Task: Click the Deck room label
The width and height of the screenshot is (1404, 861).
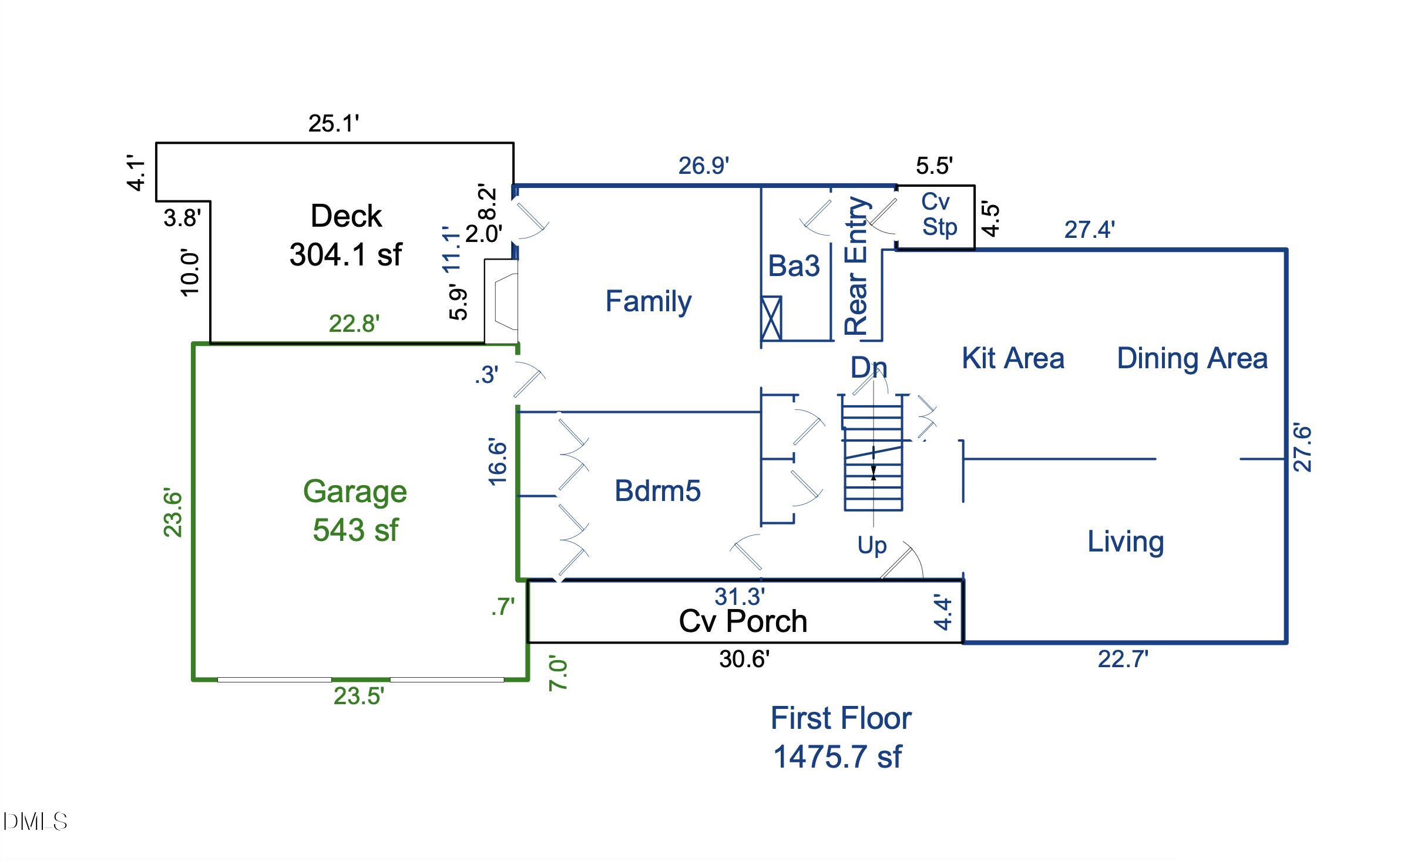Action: (346, 216)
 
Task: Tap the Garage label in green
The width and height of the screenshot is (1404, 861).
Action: (355, 492)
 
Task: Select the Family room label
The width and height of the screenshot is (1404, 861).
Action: (649, 302)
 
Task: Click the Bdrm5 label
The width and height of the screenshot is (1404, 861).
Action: (657, 491)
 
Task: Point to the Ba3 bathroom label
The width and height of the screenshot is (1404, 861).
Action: (794, 265)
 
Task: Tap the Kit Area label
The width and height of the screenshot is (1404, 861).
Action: (1013, 358)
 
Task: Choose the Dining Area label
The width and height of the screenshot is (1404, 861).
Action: (1192, 359)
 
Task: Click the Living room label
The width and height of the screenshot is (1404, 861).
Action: (1126, 542)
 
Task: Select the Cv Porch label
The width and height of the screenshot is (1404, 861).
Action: (743, 621)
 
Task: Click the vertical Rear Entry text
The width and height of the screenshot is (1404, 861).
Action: (856, 265)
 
